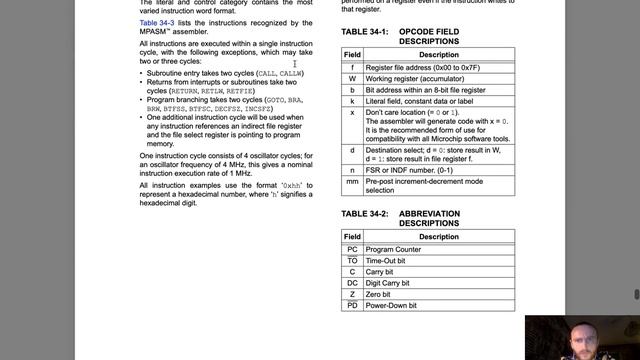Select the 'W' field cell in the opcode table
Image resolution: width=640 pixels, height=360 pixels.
[x=352, y=77]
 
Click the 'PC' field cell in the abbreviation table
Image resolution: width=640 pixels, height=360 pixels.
[x=352, y=249]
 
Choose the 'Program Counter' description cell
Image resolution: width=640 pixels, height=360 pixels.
[x=395, y=249]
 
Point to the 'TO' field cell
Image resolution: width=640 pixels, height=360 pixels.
[x=352, y=260]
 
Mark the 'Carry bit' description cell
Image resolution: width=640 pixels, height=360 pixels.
[x=383, y=272]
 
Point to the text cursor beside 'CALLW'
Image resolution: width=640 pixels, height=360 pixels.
[x=294, y=64]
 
